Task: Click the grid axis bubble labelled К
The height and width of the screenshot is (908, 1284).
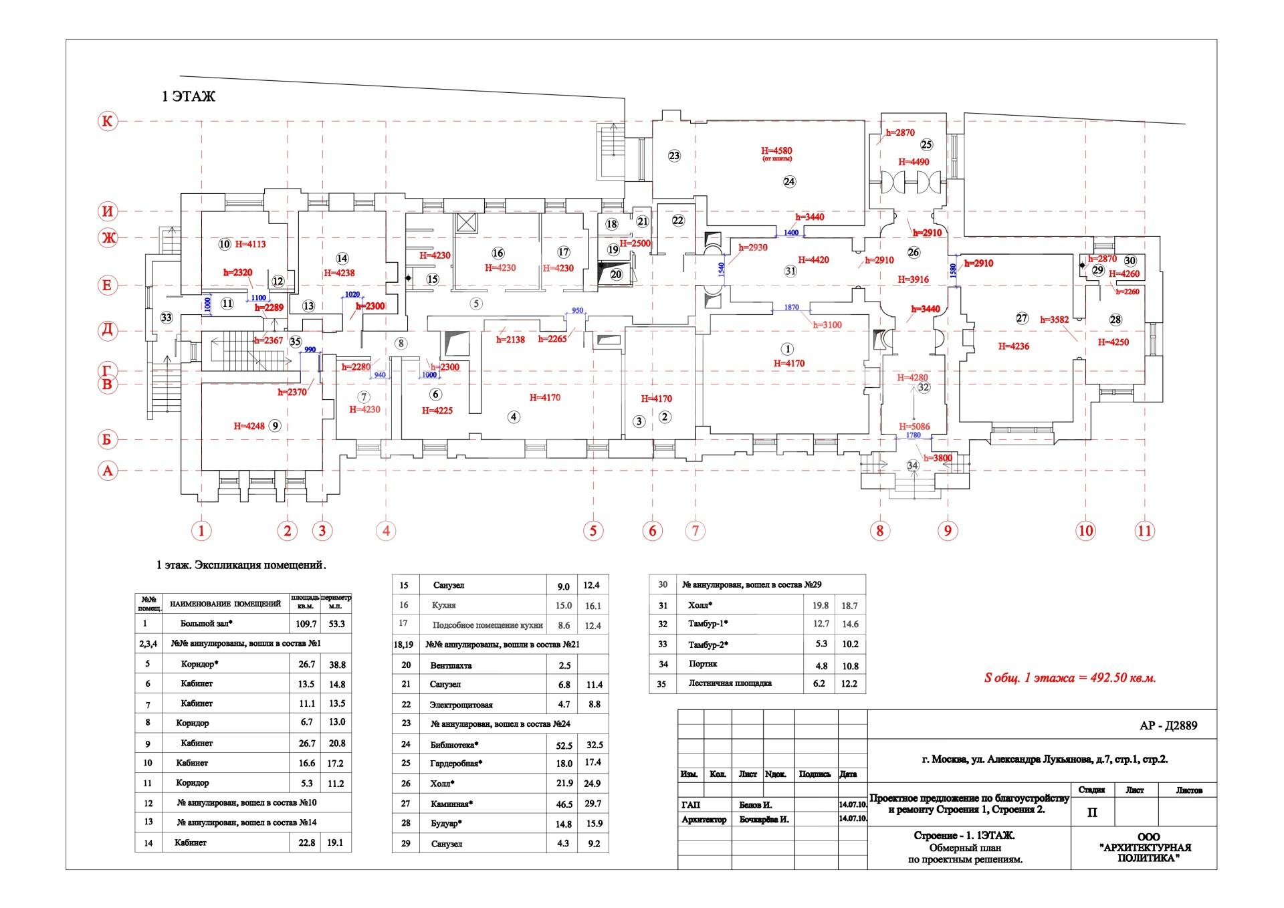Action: (x=107, y=121)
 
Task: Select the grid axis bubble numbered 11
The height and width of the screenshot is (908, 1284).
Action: (x=1144, y=531)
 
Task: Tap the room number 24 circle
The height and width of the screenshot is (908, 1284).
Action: (x=790, y=181)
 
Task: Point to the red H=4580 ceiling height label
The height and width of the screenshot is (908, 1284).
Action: (x=776, y=150)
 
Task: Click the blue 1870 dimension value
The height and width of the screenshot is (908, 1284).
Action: (x=791, y=308)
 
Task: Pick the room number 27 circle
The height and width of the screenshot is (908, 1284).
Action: (x=1021, y=318)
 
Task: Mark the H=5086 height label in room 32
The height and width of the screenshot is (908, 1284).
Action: (x=914, y=427)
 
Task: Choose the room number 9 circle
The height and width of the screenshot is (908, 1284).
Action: (x=274, y=426)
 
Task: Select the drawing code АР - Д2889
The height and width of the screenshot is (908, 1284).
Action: (x=1168, y=725)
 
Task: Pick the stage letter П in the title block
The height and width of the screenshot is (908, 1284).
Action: (x=1092, y=813)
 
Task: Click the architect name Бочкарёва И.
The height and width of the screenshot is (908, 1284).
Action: (x=764, y=819)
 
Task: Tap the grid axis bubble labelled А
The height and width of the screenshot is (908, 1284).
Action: (x=107, y=471)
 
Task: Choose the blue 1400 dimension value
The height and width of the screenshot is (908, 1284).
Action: (x=790, y=233)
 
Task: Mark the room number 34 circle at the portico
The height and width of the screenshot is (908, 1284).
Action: (x=912, y=465)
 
